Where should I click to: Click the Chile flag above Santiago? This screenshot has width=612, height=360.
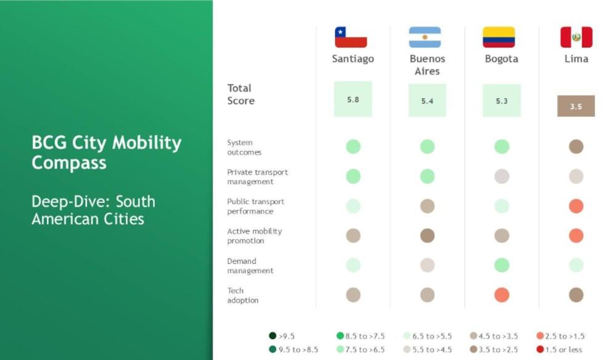pyautogui.click(x=350, y=37)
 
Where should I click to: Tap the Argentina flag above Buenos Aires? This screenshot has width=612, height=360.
pyautogui.click(x=424, y=37)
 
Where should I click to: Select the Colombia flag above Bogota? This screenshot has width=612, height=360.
pyautogui.click(x=498, y=37)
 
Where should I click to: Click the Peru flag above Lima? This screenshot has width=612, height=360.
pyautogui.click(x=576, y=37)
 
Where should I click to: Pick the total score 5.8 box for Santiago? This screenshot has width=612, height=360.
pyautogui.click(x=353, y=99)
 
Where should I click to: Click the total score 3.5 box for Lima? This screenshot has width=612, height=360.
pyautogui.click(x=576, y=106)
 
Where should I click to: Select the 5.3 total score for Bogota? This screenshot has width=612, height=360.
pyautogui.click(x=502, y=100)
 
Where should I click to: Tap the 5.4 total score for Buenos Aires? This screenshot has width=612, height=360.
pyautogui.click(x=427, y=100)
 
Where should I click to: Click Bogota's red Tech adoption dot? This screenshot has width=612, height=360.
pyautogui.click(x=502, y=295)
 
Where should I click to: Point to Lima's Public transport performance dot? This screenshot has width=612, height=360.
pyautogui.click(x=576, y=206)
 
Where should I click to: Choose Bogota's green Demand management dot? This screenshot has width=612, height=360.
pyautogui.click(x=502, y=265)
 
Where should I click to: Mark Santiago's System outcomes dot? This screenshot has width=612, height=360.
pyautogui.click(x=353, y=147)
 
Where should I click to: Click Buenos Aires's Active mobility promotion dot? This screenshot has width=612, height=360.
pyautogui.click(x=427, y=235)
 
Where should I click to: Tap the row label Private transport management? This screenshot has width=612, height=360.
pyautogui.click(x=257, y=177)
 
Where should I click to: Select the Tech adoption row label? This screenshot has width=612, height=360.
pyautogui.click(x=242, y=295)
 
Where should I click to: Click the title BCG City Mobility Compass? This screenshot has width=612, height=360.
pyautogui.click(x=106, y=152)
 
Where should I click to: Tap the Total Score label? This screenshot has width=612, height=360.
pyautogui.click(x=241, y=94)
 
